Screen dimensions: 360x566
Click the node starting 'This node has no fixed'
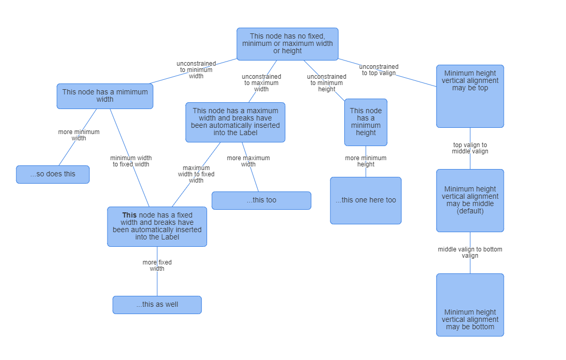point(287,44)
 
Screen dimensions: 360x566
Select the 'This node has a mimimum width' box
point(105,96)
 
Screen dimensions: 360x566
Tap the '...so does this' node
point(53,174)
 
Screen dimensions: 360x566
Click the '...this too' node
point(261,200)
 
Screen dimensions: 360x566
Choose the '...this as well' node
point(157,305)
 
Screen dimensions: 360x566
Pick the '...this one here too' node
point(366,200)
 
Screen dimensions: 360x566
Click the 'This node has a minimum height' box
point(366,122)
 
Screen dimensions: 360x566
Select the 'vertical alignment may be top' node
point(470,96)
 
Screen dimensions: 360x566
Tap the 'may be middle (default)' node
point(470,200)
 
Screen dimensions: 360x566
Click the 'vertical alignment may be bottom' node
point(470,305)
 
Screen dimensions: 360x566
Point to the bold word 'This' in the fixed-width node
point(129,215)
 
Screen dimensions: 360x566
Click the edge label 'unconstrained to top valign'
point(379,70)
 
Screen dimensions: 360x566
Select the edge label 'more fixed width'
point(157,266)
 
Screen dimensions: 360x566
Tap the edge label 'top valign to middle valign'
point(470,148)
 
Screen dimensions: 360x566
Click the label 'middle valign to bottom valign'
point(470,253)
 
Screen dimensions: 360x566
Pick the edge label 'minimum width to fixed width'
point(131,161)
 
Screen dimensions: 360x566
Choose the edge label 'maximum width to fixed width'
point(196,174)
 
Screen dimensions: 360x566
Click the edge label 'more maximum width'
point(248,161)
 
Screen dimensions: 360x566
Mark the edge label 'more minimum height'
point(366,161)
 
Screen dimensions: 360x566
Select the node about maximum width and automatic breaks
point(235,122)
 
